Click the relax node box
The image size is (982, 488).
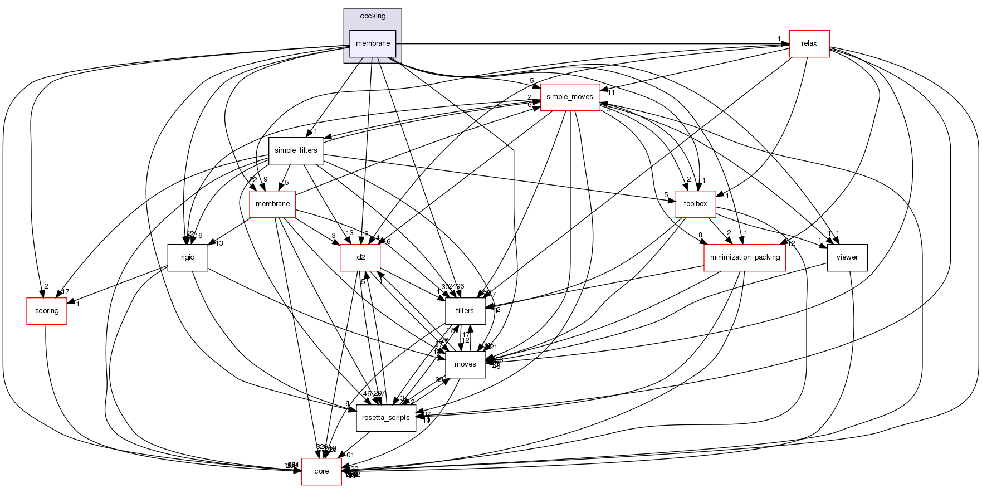tap(809, 43)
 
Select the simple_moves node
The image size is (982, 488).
tap(569, 97)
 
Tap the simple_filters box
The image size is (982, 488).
tap(296, 150)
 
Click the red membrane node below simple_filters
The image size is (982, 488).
tap(272, 204)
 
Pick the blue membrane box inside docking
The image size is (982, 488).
tap(373, 43)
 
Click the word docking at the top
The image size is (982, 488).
tap(373, 16)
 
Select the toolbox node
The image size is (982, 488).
tap(695, 204)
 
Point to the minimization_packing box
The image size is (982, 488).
tap(745, 257)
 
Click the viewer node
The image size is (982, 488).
tap(847, 257)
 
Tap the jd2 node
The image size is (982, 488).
tap(360, 257)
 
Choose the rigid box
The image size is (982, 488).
tap(188, 257)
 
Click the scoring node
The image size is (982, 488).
tap(47, 311)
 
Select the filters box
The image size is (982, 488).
tap(465, 311)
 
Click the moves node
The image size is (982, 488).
tap(465, 364)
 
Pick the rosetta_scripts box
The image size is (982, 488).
tap(386, 418)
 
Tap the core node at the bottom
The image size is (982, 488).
tap(321, 471)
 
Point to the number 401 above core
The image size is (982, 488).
tap(349, 455)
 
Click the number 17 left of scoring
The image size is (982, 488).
tap(65, 292)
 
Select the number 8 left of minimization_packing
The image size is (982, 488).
tap(701, 235)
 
